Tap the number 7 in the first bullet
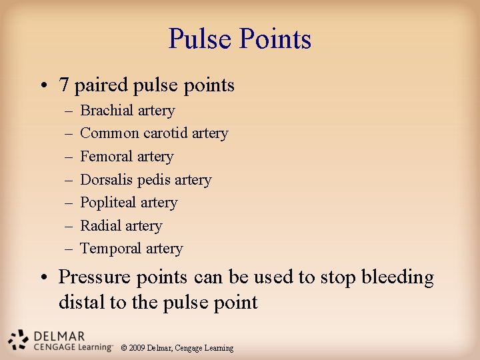64,85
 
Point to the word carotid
166,133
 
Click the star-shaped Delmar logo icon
19,339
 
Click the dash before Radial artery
69,226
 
